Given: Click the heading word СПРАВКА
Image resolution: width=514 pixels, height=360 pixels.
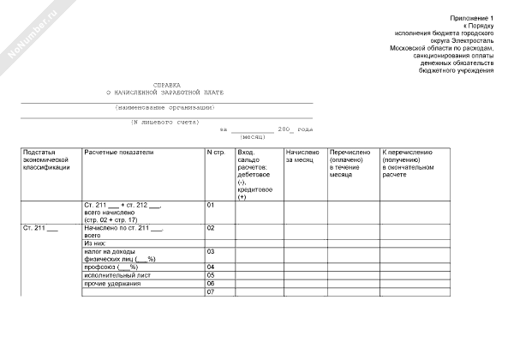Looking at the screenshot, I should pyautogui.click(x=167, y=85).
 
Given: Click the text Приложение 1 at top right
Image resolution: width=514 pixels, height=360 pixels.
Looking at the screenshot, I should pyautogui.click(x=472, y=18).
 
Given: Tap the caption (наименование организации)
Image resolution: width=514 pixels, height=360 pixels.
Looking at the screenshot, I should pyautogui.click(x=165, y=108).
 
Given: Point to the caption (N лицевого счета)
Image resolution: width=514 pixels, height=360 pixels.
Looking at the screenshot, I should pyautogui.click(x=164, y=122).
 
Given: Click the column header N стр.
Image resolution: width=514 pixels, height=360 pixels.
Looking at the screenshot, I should pyautogui.click(x=216, y=153).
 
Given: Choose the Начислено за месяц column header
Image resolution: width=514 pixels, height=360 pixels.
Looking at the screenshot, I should pyautogui.click(x=302, y=156).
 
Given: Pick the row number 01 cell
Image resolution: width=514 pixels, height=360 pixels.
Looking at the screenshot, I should pyautogui.click(x=212, y=206).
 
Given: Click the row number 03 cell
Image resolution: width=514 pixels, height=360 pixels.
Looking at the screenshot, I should pyautogui.click(x=212, y=252).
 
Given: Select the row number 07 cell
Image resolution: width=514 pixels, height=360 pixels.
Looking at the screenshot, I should pyautogui.click(x=211, y=293).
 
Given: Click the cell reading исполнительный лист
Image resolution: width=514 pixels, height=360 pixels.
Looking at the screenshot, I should pyautogui.click(x=117, y=275).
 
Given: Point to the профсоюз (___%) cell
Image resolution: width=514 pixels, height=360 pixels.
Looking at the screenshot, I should pyautogui.click(x=111, y=267).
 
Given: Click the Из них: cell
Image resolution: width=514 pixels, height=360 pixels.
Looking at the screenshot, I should pyautogui.click(x=96, y=243).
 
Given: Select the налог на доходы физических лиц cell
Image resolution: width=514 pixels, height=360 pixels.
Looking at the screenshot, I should pyautogui.click(x=120, y=255).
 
